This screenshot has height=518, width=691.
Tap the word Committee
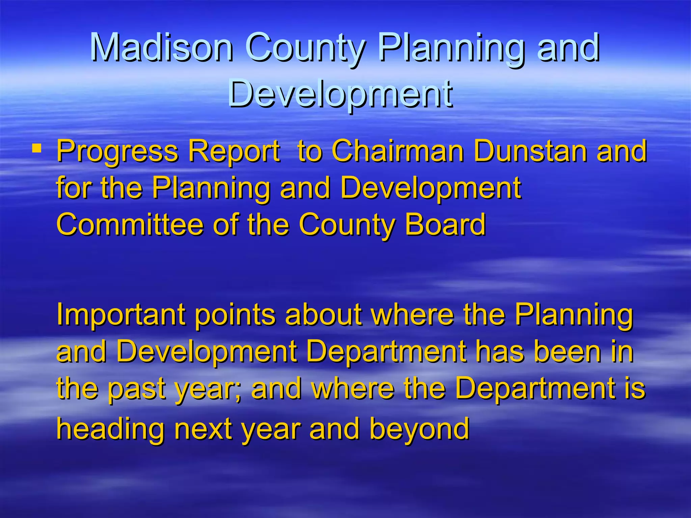[x=130, y=225]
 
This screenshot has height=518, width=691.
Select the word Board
[x=445, y=225]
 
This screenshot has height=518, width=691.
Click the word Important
[x=121, y=315]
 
